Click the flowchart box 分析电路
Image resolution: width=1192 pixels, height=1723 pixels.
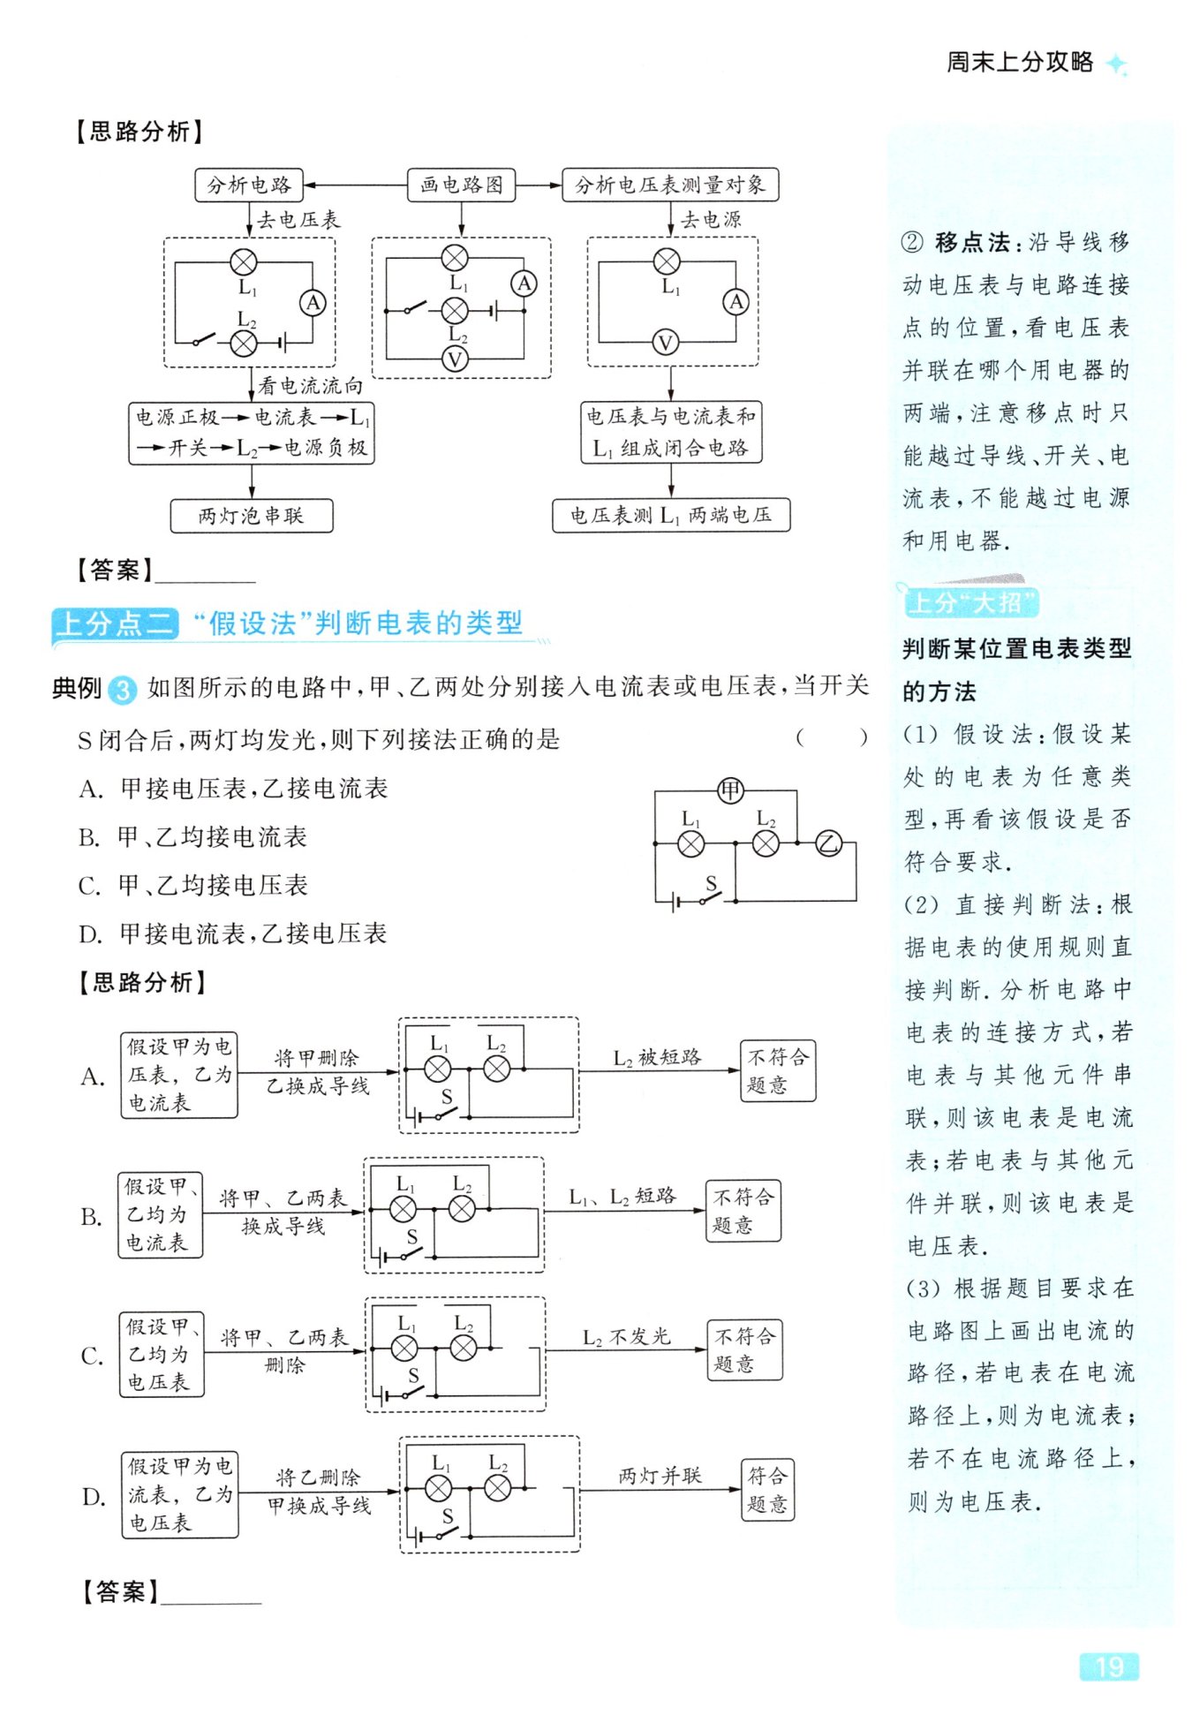pos(248,185)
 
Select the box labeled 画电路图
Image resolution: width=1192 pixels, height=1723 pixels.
pos(461,185)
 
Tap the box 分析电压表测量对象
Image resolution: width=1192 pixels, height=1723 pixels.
pos(669,185)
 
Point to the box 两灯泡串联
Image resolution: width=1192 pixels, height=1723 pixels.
pos(252,516)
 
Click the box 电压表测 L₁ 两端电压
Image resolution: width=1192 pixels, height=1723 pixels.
pos(670,516)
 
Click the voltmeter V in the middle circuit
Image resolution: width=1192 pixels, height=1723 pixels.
pos(455,359)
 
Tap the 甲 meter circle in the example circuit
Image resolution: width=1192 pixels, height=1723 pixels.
pos(730,790)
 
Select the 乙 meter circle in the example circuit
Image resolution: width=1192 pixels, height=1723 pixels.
pos(828,843)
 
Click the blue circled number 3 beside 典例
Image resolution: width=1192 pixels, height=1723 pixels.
pos(123,689)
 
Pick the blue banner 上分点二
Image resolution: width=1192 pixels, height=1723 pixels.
pos(115,623)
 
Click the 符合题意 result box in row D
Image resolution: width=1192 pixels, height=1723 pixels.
pos(767,1489)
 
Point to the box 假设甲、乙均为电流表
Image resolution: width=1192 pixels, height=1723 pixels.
pos(161,1214)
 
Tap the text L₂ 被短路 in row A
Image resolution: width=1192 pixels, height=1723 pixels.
pos(657,1057)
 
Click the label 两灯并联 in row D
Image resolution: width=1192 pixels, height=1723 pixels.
pos(660,1476)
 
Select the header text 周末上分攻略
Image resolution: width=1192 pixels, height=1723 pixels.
pos(1020,63)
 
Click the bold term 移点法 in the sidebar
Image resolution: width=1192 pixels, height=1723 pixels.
pos(972,242)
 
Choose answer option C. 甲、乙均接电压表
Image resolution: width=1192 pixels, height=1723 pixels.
pos(193,885)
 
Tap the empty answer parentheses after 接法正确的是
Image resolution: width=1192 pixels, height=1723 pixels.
pos(831,737)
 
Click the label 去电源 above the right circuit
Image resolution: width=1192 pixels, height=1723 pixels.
pos(711,219)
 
